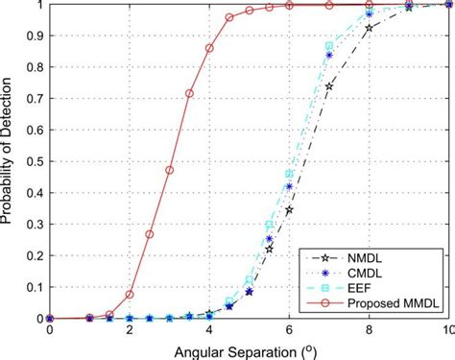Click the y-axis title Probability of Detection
[9, 160]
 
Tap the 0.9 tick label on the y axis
[32, 36]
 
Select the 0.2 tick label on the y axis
[32, 255]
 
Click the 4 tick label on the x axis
[209, 330]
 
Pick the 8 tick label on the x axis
[370, 330]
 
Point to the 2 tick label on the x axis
[130, 330]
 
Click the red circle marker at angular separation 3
[170, 170]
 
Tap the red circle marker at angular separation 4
[209, 48]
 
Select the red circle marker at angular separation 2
[130, 295]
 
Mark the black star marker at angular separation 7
[329, 86]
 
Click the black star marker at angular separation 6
[289, 209]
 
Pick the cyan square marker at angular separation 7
[329, 46]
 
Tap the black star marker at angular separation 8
[370, 28]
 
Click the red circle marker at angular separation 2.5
[150, 234]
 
